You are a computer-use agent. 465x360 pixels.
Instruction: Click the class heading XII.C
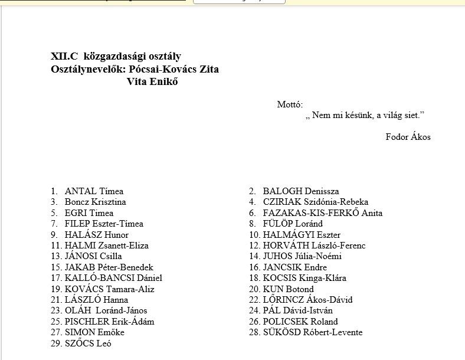point(64,57)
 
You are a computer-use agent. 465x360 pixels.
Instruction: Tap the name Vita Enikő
point(152,81)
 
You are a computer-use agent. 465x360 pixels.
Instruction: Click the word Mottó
point(290,104)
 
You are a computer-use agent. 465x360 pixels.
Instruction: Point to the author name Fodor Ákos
point(408,137)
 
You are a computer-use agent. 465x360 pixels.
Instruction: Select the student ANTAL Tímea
point(94,191)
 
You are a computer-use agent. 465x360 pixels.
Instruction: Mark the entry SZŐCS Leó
point(88,343)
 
